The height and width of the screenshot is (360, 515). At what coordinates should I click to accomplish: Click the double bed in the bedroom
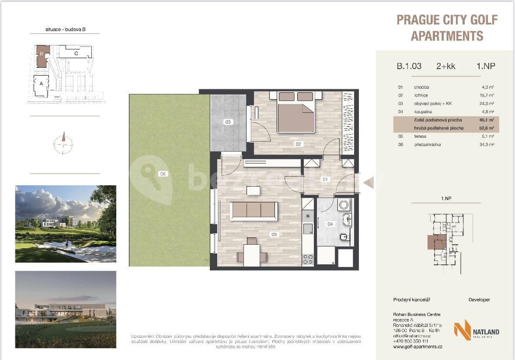click(296, 114)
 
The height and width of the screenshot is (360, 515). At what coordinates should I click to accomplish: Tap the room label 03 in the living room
click(274, 235)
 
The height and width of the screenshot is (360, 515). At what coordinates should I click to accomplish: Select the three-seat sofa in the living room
click(254, 211)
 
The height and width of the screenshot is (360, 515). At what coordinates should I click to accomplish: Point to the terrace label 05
click(228, 122)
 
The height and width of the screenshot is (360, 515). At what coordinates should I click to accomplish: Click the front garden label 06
click(163, 174)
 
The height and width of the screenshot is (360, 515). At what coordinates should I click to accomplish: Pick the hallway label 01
click(324, 179)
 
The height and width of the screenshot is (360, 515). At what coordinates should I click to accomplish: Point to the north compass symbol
click(64, 142)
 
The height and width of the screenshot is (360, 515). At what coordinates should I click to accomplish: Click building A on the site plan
click(41, 86)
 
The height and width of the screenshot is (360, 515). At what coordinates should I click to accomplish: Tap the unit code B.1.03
click(409, 66)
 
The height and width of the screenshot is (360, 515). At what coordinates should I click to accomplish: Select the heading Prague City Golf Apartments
click(447, 28)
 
